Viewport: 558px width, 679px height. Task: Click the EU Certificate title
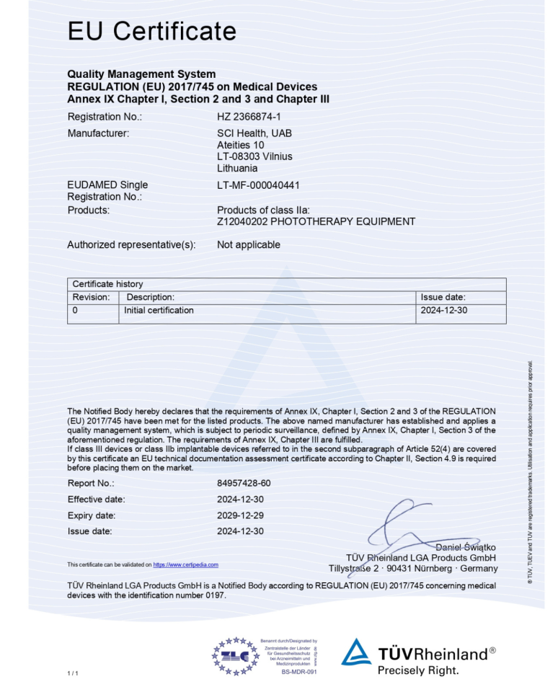click(151, 31)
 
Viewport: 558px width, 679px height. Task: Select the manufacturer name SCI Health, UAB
click(254, 133)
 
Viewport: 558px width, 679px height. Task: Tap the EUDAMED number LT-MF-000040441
click(258, 185)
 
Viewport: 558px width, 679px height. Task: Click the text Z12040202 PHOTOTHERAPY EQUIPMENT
click(316, 221)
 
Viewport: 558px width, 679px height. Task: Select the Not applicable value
click(248, 244)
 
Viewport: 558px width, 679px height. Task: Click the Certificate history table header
click(107, 284)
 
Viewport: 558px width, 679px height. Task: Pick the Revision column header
click(92, 297)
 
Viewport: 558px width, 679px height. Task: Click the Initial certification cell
click(159, 311)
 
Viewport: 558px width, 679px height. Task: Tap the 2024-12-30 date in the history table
click(443, 311)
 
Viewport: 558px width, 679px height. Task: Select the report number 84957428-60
click(244, 483)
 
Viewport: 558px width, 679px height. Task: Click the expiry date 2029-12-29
click(240, 515)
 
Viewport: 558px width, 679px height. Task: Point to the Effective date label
click(96, 500)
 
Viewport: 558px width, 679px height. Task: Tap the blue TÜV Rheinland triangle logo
click(356, 652)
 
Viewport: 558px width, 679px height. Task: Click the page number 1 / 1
click(72, 673)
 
